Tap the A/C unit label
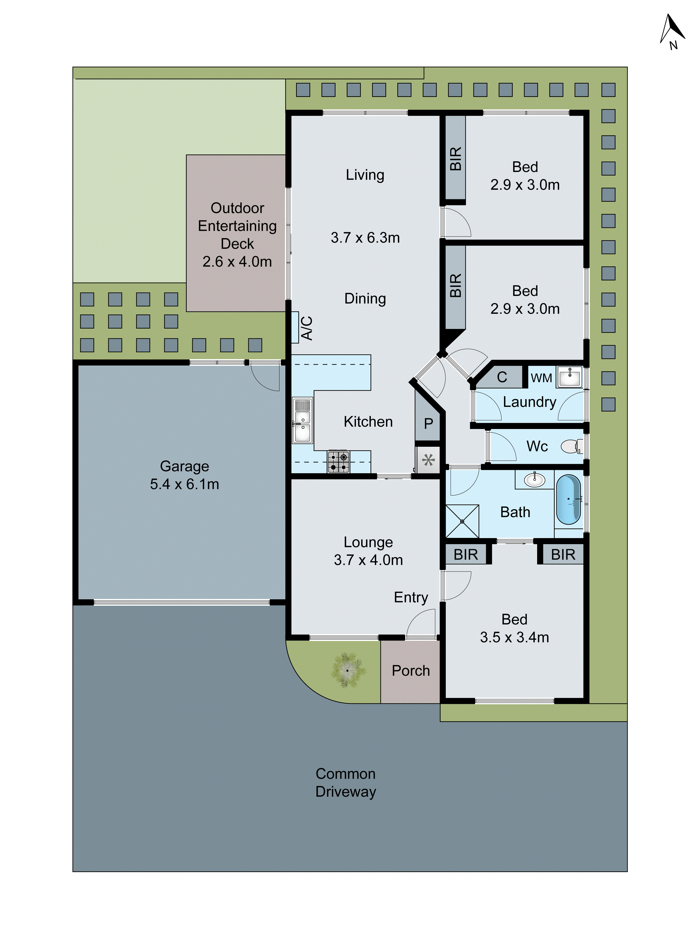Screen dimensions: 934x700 [307, 328]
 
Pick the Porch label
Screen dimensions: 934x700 [410, 671]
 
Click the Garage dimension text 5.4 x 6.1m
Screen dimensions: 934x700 [184, 484]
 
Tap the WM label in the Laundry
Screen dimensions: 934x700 [541, 378]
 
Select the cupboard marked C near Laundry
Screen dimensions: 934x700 [502, 377]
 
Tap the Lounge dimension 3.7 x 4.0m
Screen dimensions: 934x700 [368, 560]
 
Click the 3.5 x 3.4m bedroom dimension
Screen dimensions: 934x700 [514, 637]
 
